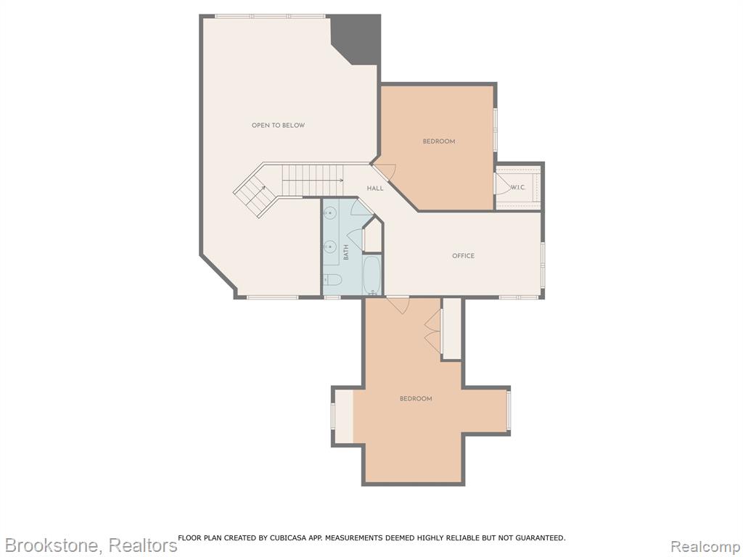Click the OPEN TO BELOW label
[278, 125]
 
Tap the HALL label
[375, 189]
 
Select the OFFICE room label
[463, 256]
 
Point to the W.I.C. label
[518, 188]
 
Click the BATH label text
[346, 252]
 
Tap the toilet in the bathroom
[332, 281]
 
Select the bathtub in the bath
[372, 276]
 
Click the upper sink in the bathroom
[330, 215]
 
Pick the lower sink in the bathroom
[330, 247]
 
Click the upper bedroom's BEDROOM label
[439, 141]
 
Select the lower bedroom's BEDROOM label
[416, 399]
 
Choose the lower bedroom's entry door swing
[397, 305]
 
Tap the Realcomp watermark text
[706, 546]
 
